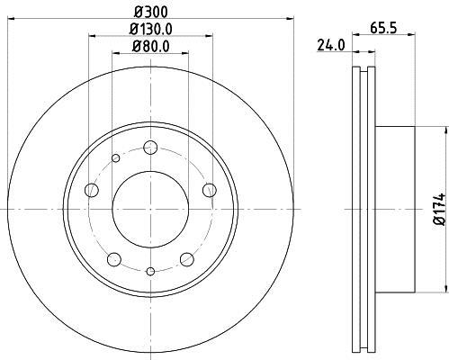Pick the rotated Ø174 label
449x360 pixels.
click(439, 209)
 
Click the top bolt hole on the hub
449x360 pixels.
click(150, 148)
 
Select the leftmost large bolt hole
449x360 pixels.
click(91, 190)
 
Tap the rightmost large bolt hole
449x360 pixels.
click(210, 189)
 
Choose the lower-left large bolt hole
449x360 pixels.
click(113, 259)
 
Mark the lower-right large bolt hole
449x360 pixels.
click(187, 259)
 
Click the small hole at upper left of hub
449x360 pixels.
click(115, 159)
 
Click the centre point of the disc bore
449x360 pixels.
click(150, 209)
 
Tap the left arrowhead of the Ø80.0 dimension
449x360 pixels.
click(114, 54)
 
